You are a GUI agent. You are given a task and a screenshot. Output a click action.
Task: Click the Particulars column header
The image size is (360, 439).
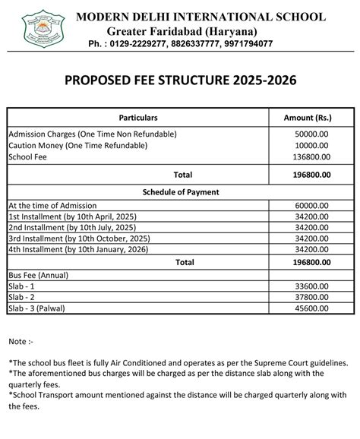(138, 118)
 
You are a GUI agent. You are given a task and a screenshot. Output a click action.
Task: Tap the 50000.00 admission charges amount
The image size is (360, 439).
(311, 134)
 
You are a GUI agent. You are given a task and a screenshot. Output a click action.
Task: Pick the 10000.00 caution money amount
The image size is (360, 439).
(311, 145)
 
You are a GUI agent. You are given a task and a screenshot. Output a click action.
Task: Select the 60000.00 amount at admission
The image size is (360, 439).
(311, 205)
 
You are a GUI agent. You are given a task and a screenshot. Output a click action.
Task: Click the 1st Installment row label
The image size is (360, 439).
(72, 216)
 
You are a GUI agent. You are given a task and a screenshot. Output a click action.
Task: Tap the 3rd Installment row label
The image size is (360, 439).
(78, 238)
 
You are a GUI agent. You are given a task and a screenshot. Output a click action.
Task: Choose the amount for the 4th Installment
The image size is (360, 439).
(311, 249)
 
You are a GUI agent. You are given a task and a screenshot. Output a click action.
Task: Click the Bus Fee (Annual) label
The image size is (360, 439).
(37, 274)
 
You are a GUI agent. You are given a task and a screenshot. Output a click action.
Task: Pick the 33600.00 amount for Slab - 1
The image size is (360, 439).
(311, 287)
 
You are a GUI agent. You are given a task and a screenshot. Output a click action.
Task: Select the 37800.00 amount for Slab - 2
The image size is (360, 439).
(311, 298)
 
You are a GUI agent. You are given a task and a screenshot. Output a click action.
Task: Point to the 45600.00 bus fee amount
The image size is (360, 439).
(311, 310)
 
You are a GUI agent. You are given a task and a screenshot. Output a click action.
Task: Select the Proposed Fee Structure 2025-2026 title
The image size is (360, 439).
(180, 81)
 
